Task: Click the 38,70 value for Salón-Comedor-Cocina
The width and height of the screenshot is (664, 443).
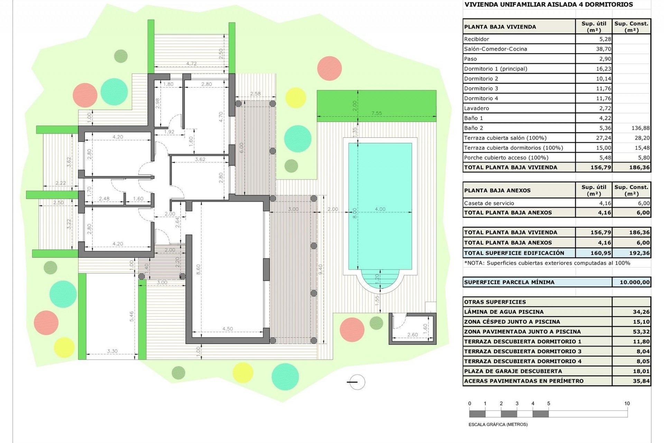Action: tap(603, 49)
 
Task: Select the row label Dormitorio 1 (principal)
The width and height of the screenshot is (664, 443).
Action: tap(496, 69)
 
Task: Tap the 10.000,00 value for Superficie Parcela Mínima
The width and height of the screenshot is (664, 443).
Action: tap(635, 282)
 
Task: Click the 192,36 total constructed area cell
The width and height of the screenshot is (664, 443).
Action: tap(639, 253)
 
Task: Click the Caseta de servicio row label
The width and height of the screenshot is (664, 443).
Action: tap(489, 203)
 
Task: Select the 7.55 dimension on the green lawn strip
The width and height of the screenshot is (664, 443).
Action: tap(376, 113)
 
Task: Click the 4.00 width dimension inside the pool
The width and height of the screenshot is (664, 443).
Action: tap(380, 209)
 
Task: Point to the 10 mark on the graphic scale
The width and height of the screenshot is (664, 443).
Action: tap(627, 403)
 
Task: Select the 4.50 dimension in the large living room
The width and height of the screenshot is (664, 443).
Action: tap(228, 329)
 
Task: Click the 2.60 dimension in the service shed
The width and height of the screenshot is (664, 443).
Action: tap(412, 335)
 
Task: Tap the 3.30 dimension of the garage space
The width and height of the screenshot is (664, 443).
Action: tap(112, 351)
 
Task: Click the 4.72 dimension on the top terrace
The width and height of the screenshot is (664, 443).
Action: tap(191, 63)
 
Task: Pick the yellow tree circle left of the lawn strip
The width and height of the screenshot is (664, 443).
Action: tap(296, 98)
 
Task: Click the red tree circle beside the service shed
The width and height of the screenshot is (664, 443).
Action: tap(352, 330)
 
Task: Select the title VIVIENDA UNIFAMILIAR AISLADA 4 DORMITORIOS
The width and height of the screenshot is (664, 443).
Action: tap(548, 4)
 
